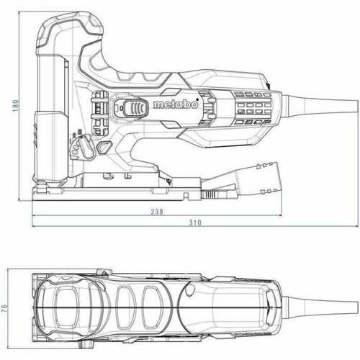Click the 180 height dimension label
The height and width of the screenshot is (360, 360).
[15, 107]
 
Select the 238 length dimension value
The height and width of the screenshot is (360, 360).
[157, 212]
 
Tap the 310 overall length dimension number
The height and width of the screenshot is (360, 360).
[195, 222]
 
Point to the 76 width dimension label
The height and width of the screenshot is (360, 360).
[4, 308]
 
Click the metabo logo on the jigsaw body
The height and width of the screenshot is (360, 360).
[176, 104]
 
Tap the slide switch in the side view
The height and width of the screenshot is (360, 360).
[135, 107]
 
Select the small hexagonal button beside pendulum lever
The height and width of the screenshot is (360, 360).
[104, 147]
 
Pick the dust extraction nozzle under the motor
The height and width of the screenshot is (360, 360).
[257, 178]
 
